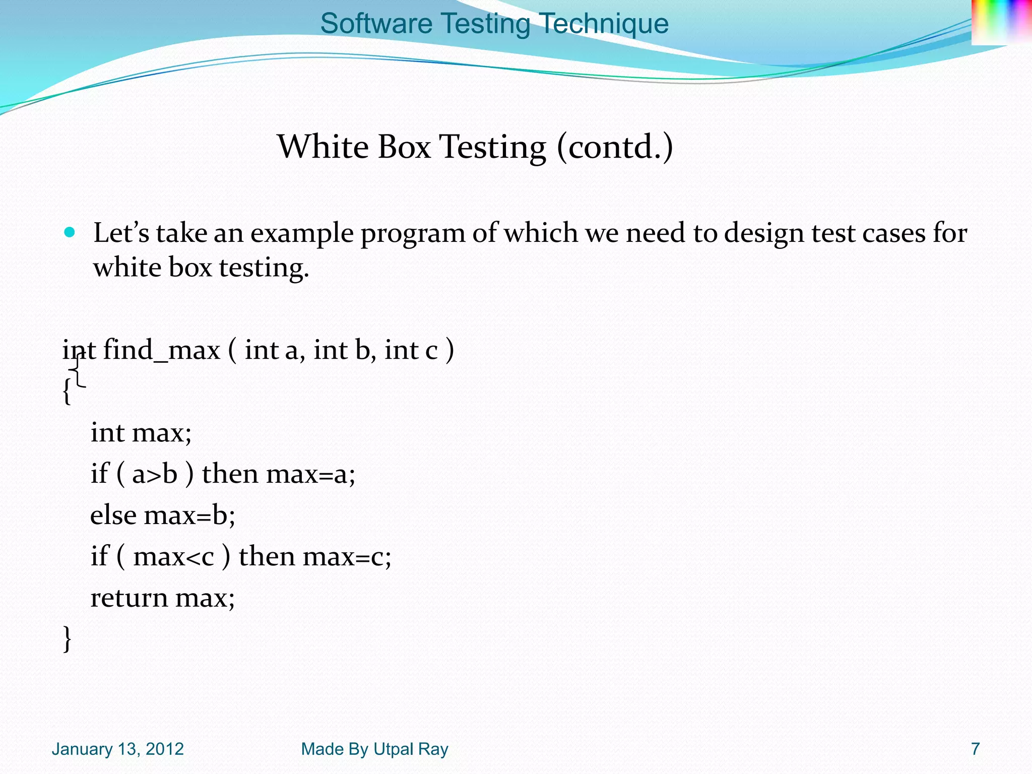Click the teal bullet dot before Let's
(70, 232)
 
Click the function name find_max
(161, 350)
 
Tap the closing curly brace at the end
(67, 639)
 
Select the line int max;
(141, 432)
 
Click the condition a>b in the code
(155, 474)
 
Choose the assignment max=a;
(310, 474)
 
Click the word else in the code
(113, 515)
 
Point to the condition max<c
(174, 557)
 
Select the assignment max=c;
(347, 557)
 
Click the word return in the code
(129, 598)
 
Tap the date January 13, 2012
(117, 749)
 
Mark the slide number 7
(976, 749)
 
